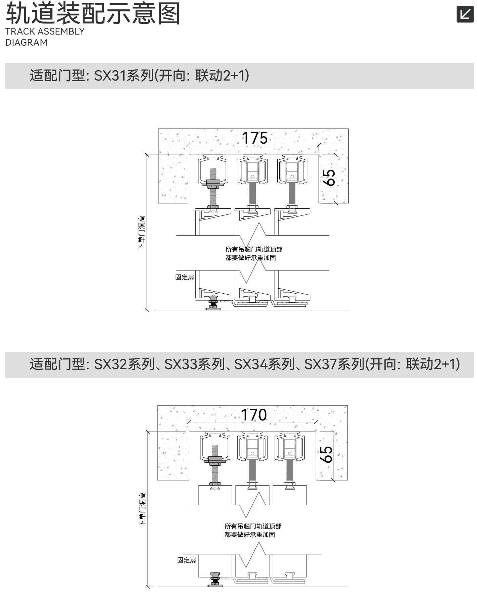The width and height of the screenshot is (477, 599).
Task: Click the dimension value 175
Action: coord(255,138)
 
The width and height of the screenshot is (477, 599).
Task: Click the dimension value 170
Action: coord(254,415)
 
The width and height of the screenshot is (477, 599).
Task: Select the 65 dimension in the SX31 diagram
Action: coord(329,178)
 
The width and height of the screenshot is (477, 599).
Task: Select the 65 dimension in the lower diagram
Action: coord(326,455)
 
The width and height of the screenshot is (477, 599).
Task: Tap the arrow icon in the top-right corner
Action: coord(465,14)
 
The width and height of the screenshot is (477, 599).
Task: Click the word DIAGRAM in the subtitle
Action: coord(27,43)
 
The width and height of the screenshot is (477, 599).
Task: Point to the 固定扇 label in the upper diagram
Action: coord(185,277)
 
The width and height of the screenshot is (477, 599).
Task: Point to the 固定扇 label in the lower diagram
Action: coord(187,560)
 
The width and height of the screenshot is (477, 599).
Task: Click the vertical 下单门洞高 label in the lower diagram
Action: coord(143,509)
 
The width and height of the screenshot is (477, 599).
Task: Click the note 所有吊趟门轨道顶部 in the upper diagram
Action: coord(254,249)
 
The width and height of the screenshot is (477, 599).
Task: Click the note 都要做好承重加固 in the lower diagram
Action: coord(250,535)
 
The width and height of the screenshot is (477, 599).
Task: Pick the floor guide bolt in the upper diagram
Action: coord(213,302)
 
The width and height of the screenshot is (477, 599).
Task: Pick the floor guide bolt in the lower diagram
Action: coord(215,580)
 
